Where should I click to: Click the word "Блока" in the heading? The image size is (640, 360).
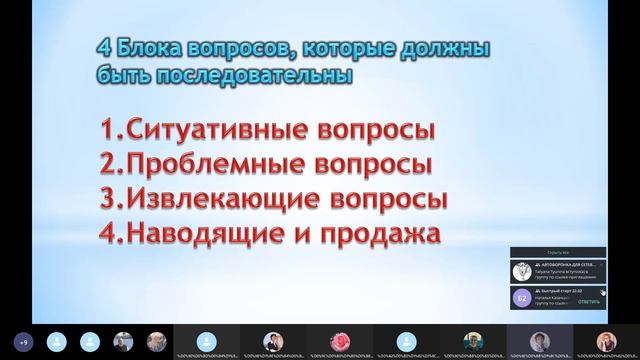(x=147, y=49)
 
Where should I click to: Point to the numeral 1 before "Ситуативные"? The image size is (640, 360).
(x=106, y=131)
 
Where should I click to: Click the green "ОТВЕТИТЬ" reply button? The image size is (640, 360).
(x=589, y=301)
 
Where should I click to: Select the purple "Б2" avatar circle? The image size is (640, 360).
(x=520, y=297)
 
